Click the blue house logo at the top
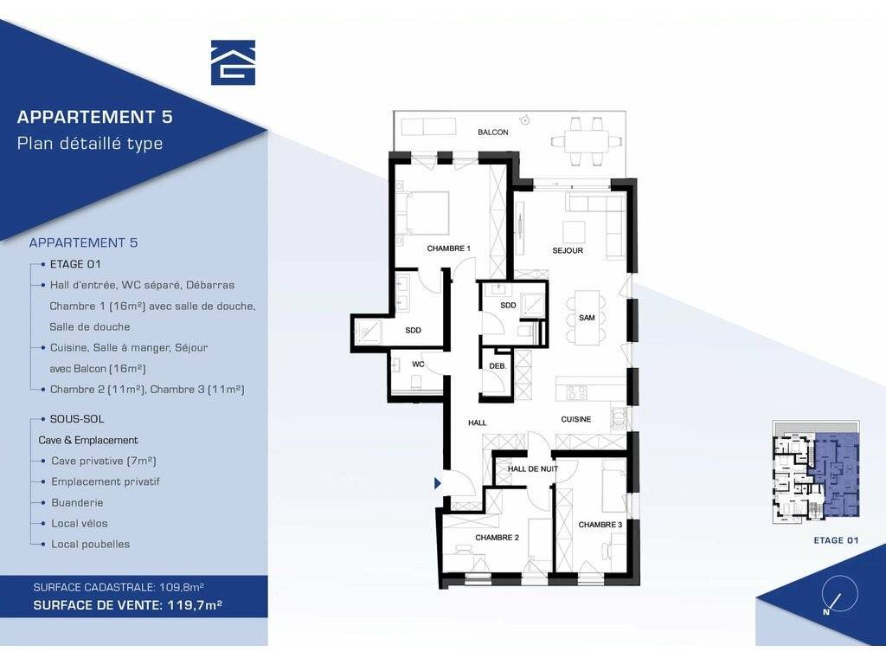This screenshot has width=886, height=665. (x=233, y=62)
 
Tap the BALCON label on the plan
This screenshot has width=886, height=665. (x=492, y=132)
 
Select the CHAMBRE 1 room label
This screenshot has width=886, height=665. (x=449, y=249)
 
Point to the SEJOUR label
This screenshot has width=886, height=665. (x=568, y=250)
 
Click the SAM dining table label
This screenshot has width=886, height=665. (x=587, y=318)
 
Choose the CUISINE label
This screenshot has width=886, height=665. (x=575, y=419)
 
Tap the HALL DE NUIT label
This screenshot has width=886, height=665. (x=532, y=468)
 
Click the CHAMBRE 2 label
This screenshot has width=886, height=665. (x=497, y=537)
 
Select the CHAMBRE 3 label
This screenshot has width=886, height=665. (x=600, y=525)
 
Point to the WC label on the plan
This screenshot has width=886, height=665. (x=418, y=365)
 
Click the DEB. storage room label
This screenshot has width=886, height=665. (x=498, y=366)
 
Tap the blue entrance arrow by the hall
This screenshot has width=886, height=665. (x=437, y=483)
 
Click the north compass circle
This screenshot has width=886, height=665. (x=841, y=593)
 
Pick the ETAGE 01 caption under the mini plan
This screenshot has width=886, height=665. (x=836, y=540)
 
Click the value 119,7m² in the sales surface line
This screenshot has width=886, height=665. (x=195, y=605)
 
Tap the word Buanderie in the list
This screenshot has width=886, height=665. (x=77, y=503)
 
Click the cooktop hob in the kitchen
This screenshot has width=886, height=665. (x=577, y=392)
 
